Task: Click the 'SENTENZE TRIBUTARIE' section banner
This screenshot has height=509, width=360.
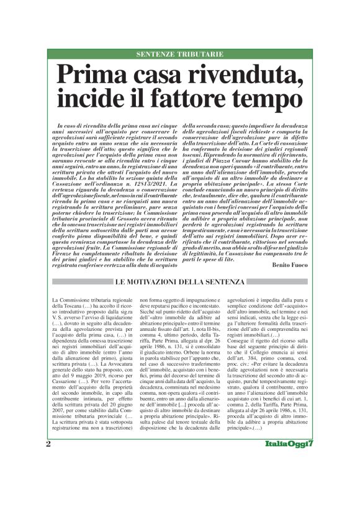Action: pos(179,55)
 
